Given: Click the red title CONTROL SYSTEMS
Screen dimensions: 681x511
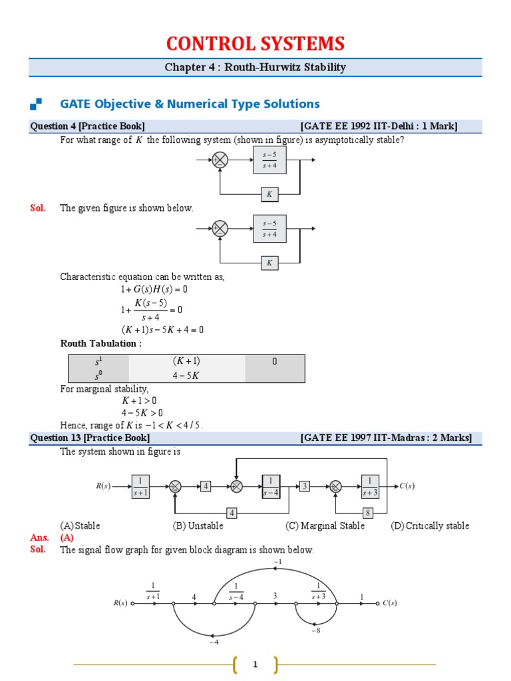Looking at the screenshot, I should pyautogui.click(x=255, y=44).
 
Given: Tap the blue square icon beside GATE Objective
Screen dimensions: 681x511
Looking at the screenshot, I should pyautogui.click(x=36, y=104).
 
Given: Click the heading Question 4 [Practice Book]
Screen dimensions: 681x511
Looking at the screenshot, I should pyautogui.click(x=88, y=126).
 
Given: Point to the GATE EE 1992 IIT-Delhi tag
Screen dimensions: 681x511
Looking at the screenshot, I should pyautogui.click(x=379, y=126).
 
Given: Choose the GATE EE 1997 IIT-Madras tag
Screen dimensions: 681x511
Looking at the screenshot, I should pyautogui.click(x=386, y=438).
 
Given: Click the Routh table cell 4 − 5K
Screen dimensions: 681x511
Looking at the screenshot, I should pyautogui.click(x=186, y=376).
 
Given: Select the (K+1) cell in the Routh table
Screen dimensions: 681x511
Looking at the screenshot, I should pyautogui.click(x=186, y=361).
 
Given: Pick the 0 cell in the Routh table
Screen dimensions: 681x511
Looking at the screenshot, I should pyautogui.click(x=275, y=361).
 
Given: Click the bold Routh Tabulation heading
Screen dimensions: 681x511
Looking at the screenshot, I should pyautogui.click(x=101, y=343).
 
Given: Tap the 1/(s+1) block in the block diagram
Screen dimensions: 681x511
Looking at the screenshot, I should pyautogui.click(x=140, y=486).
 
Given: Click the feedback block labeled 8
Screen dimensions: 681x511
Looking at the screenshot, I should pyautogui.click(x=367, y=513).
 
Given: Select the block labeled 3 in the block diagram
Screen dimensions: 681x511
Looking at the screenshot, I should pyautogui.click(x=305, y=486).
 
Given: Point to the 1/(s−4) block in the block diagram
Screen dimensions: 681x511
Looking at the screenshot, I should pyautogui.click(x=271, y=486).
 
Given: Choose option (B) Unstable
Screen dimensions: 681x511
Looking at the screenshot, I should pyautogui.click(x=198, y=525).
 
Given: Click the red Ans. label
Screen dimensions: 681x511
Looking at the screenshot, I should pyautogui.click(x=39, y=537).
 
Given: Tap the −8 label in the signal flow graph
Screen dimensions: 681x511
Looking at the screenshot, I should pyautogui.click(x=315, y=630).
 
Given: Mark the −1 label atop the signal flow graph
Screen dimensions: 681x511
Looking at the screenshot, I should pyautogui.click(x=277, y=562).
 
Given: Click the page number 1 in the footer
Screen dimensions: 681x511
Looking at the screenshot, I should pyautogui.click(x=255, y=664).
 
